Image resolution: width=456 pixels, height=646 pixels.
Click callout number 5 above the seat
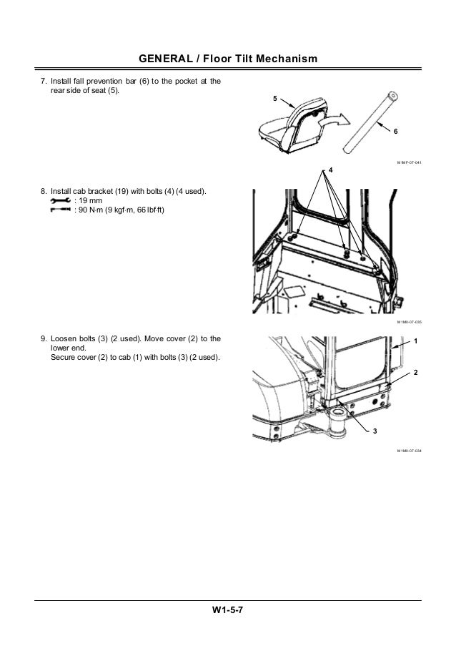[x=276, y=97]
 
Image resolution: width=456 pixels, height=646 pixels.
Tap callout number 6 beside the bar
[x=395, y=133]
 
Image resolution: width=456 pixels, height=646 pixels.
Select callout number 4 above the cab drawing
[x=332, y=170]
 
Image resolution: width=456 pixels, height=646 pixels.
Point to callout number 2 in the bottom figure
[x=415, y=374]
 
